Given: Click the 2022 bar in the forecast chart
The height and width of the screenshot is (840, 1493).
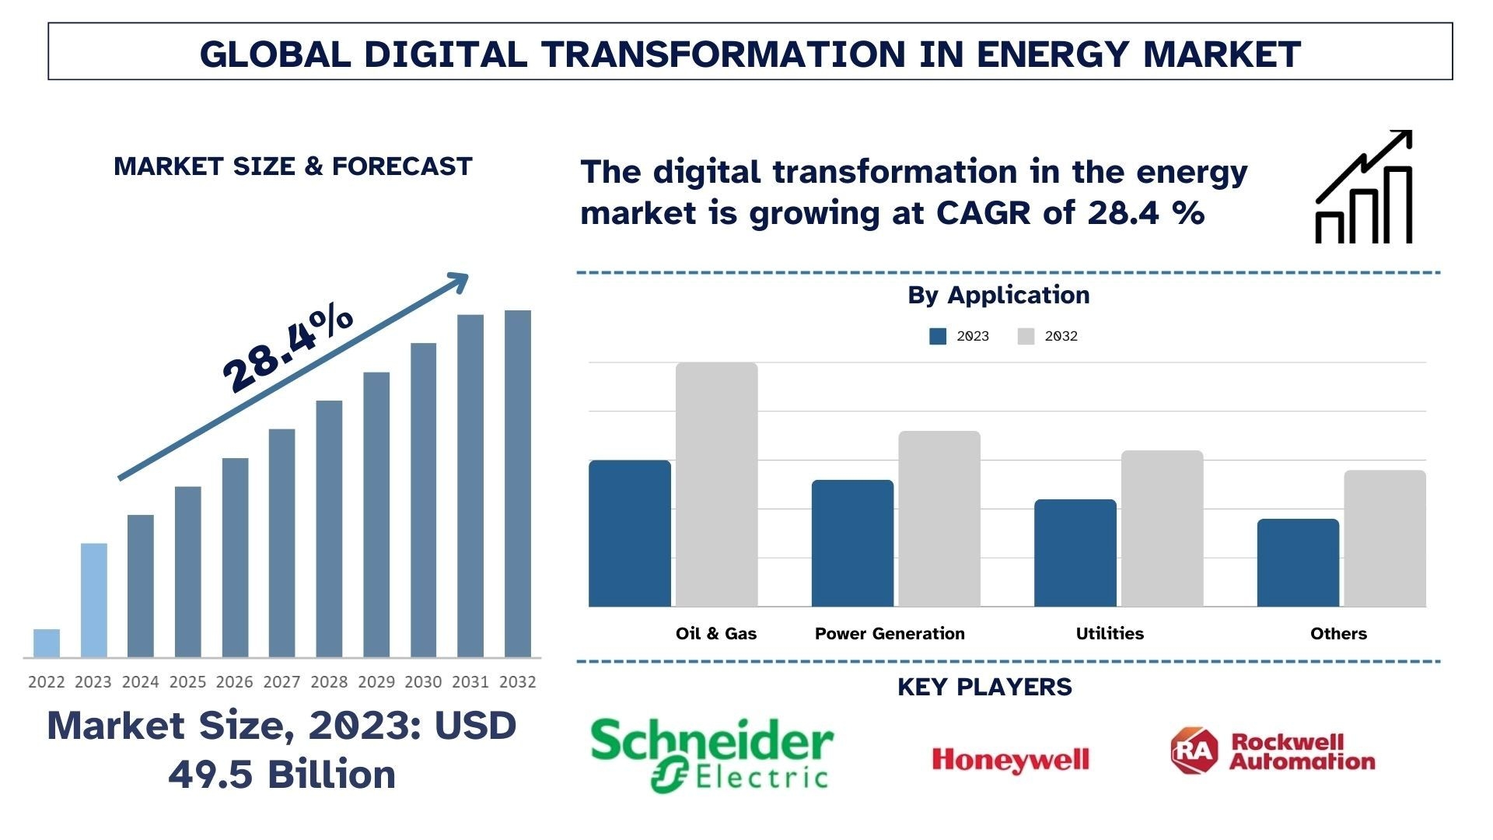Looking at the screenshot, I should point(47,643).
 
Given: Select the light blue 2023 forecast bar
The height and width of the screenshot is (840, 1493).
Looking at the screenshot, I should point(94,600).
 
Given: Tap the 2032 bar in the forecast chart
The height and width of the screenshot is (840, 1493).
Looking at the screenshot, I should point(518,483).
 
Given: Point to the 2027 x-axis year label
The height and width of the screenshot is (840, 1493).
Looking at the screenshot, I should point(281,682).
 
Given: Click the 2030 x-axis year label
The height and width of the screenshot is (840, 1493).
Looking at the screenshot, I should point(423,682).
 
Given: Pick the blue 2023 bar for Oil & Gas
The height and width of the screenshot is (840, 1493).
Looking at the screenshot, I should point(630,534).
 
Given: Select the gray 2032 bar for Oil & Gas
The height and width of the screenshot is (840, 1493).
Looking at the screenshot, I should point(716,485).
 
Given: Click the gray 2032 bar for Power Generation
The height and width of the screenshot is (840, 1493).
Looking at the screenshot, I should point(939,519).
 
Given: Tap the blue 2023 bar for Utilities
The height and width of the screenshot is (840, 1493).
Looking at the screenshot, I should point(1075,553).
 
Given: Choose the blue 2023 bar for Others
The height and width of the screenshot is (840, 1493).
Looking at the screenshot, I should point(1298,562).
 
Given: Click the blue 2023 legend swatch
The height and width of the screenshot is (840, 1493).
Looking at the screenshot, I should point(938,336).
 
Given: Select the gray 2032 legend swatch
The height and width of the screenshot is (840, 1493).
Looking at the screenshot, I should point(1026,336).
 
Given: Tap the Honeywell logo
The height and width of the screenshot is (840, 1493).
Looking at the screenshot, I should point(1010,759).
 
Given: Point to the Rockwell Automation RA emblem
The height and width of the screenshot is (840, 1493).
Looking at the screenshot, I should point(1194,751).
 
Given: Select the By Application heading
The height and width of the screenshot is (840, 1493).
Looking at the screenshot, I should point(998,296).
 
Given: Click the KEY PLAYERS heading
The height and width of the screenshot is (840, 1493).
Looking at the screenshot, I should point(984,687).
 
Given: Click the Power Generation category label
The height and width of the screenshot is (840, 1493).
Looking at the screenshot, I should point(890,634).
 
